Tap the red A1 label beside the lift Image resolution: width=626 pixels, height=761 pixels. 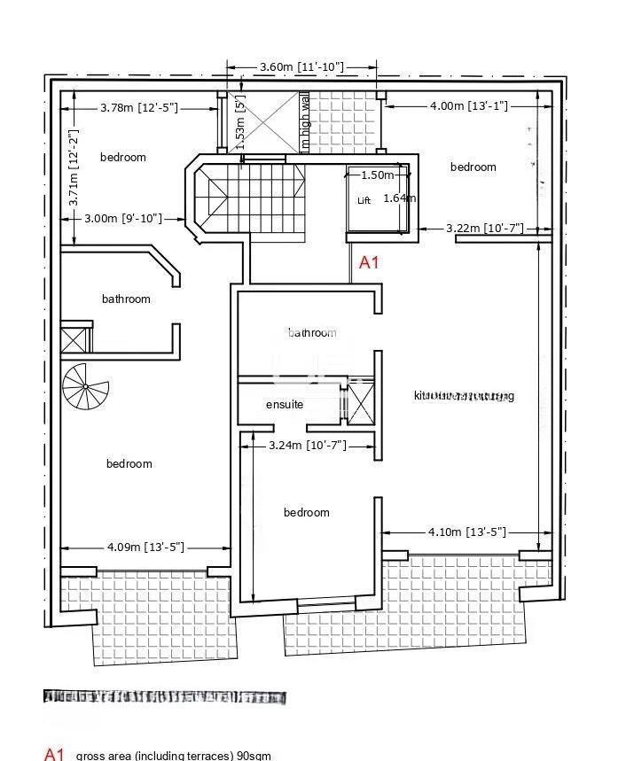tap(369, 262)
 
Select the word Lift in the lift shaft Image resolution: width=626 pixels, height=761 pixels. tap(364, 201)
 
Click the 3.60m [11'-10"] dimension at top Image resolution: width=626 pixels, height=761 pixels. tap(301, 66)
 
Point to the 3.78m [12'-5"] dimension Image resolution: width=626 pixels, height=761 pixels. tap(139, 107)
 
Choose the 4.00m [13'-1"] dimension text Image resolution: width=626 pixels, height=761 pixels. tap(468, 106)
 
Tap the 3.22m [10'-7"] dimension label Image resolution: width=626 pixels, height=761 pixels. tap(484, 228)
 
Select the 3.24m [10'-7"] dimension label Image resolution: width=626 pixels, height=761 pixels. tap(307, 446)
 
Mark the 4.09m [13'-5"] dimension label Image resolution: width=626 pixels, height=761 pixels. tap(145, 547)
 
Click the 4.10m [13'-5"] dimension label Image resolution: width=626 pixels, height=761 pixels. tap(466, 532)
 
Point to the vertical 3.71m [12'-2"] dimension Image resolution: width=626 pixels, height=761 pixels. tap(74, 172)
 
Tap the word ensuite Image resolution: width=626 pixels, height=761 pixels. tap(285, 405)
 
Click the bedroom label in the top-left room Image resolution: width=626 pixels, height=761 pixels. tap(122, 158)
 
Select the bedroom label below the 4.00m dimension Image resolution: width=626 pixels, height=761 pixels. tap(473, 167)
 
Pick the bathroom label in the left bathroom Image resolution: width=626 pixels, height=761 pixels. tap(126, 299)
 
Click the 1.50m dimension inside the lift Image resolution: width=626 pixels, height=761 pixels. tap(377, 175)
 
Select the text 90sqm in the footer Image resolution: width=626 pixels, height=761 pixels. tap(254, 756)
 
